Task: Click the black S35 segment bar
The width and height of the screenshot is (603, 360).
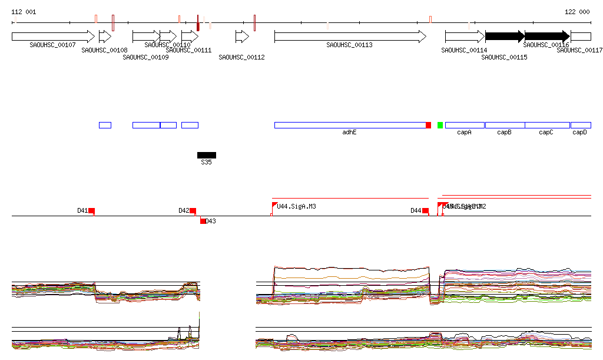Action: [x=207, y=155]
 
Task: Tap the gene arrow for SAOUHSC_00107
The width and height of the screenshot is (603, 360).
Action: [x=52, y=37]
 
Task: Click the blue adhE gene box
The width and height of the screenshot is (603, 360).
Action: [x=350, y=125]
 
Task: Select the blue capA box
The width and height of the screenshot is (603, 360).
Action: [x=465, y=125]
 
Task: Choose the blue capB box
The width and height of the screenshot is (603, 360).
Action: [x=505, y=125]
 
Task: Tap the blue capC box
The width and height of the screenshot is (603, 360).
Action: [x=547, y=125]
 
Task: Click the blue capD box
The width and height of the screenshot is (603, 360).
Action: [x=581, y=125]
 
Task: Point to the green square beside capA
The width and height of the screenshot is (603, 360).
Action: [x=440, y=125]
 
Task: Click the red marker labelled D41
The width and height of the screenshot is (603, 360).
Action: [x=91, y=210]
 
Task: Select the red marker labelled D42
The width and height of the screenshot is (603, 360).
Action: [x=193, y=210]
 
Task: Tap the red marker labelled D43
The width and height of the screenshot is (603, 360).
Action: [x=203, y=221]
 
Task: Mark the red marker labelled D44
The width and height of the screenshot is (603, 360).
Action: [x=425, y=210]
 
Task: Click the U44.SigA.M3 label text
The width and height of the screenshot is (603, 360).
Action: [x=296, y=206]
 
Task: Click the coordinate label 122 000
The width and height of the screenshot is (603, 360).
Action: [x=577, y=12]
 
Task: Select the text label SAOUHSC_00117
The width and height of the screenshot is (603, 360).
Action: [x=579, y=51]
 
